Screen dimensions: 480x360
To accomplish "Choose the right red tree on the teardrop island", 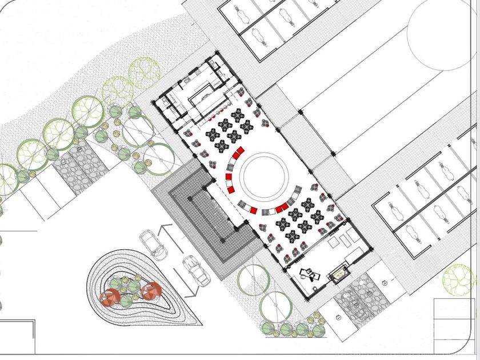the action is point(151,291).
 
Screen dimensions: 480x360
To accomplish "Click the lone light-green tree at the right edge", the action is point(458,278).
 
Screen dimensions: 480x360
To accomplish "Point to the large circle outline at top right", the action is point(440,34).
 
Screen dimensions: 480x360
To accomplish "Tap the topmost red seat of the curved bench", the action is point(239,151).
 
